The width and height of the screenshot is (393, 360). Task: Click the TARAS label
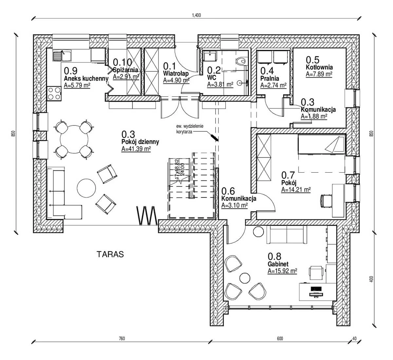(x=110, y=255)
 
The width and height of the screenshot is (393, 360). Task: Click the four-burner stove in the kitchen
(x=54, y=93)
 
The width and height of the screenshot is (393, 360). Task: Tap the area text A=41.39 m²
(x=136, y=149)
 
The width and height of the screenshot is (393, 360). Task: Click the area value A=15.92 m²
(x=282, y=271)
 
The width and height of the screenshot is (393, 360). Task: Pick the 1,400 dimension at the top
(x=196, y=15)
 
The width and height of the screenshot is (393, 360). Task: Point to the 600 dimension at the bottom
(x=279, y=339)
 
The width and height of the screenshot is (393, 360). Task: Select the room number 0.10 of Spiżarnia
(x=122, y=62)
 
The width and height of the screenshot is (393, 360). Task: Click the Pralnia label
(x=270, y=79)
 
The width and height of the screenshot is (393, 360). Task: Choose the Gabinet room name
(x=278, y=264)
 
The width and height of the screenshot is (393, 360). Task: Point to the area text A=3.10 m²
(x=234, y=205)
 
